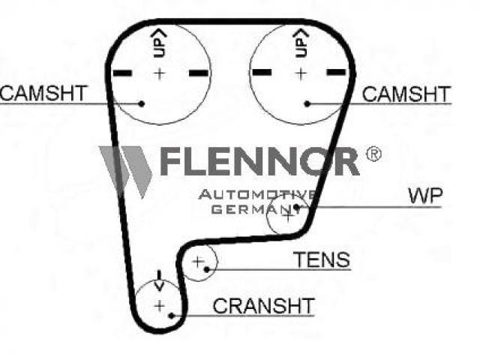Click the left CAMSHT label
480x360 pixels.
pyautogui.click(x=44, y=93)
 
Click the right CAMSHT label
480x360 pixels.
pyautogui.click(x=406, y=94)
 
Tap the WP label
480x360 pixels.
pyautogui.click(x=425, y=196)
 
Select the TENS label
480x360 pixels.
pyautogui.click(x=322, y=259)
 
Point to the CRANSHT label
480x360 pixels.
pyautogui.click(x=263, y=305)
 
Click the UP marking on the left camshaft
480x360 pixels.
pyautogui.click(x=160, y=43)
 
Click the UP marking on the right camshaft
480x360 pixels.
pyautogui.click(x=301, y=43)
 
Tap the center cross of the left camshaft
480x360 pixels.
pyautogui.click(x=160, y=73)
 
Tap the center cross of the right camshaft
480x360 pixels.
pyautogui.click(x=301, y=73)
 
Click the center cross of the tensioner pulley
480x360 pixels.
pyautogui.click(x=198, y=262)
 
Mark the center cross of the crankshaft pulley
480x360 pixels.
pyautogui.click(x=160, y=306)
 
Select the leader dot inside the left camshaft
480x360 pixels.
pyautogui.click(x=142, y=103)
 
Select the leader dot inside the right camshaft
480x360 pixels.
pyautogui.click(x=307, y=103)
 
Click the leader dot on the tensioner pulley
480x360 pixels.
pyautogui.click(x=207, y=269)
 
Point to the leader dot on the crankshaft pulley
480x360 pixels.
pyautogui.click(x=172, y=315)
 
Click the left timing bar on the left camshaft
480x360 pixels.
pyautogui.click(x=122, y=73)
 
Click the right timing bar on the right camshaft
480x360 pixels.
pyautogui.click(x=336, y=73)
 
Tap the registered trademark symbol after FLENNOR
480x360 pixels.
pyautogui.click(x=373, y=154)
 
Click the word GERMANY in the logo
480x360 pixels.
pyautogui.click(x=252, y=210)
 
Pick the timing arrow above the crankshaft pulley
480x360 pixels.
pyautogui.click(x=159, y=280)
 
